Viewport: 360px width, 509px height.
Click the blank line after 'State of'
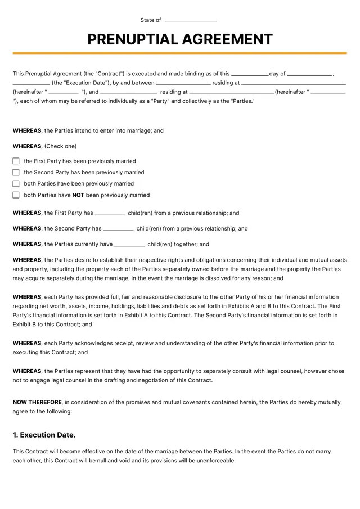tap(191, 21)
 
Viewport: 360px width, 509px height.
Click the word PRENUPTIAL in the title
tap(132, 39)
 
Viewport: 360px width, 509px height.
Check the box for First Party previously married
tap(16, 161)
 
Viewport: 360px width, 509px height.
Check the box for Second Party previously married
tap(16, 172)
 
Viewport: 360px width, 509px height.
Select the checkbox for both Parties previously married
tap(16, 183)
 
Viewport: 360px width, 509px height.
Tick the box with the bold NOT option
tap(16, 195)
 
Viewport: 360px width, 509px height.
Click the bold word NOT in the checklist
tap(78, 195)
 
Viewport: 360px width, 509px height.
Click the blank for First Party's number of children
tap(110, 214)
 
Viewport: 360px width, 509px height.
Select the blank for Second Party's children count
tap(118, 229)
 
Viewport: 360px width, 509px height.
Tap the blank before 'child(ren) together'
tap(129, 245)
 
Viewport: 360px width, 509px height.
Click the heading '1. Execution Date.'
tap(44, 435)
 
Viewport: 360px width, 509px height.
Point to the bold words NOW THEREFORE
tap(37, 402)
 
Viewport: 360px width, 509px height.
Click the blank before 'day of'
tap(250, 74)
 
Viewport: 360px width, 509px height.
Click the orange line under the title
tap(180, 53)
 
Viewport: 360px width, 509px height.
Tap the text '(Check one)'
tap(60, 146)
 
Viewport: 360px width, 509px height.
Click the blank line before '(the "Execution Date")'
tap(31, 83)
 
